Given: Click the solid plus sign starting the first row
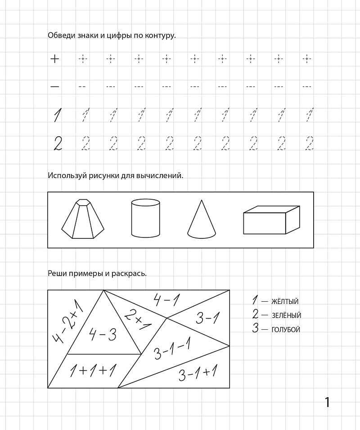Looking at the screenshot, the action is click(x=54, y=58).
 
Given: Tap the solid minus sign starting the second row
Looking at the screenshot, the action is click(x=54, y=86).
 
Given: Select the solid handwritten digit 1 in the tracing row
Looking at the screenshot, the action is click(x=57, y=115).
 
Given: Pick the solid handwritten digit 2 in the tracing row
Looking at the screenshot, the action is click(x=58, y=144).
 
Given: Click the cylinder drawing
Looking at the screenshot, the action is click(x=145, y=218).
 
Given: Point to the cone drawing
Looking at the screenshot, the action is click(x=201, y=219).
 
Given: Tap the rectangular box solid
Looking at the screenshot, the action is click(x=271, y=220).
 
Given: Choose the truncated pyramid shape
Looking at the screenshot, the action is click(x=83, y=219).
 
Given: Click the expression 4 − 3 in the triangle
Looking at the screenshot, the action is click(x=103, y=335).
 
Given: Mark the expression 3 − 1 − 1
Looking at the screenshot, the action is click(x=172, y=349).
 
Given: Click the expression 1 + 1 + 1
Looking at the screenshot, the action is click(x=93, y=371).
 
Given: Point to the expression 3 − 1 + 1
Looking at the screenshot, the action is click(x=198, y=373).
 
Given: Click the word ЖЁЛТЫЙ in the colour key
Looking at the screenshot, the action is click(x=285, y=302).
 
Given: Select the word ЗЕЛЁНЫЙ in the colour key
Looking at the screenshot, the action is click(x=287, y=316).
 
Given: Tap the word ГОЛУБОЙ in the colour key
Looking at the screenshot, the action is click(x=286, y=330).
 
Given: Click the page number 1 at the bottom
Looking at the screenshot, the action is click(x=327, y=402).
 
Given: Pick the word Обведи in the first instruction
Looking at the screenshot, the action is click(x=60, y=35).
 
